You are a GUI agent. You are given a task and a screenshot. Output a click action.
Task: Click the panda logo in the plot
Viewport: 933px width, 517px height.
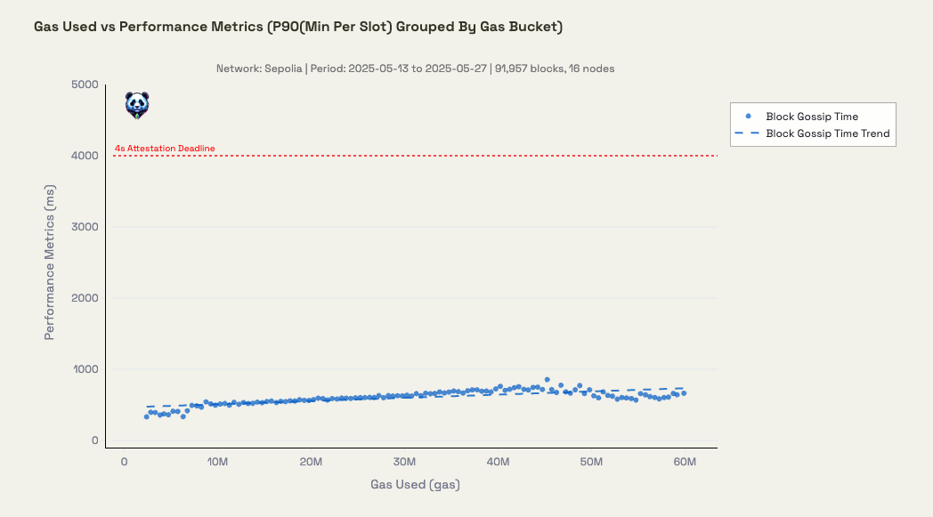tap(136, 105)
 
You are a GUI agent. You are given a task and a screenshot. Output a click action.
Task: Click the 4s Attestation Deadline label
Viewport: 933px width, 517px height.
tap(165, 149)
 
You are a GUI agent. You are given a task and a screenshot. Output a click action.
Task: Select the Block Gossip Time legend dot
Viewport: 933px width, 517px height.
tap(748, 117)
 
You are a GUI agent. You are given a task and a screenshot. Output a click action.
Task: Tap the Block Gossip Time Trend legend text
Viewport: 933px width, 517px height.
tap(828, 133)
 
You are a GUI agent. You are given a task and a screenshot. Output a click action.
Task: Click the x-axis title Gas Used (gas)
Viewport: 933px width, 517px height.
tap(415, 485)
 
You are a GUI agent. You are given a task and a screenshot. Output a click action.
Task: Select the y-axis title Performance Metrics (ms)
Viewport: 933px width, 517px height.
tap(50, 263)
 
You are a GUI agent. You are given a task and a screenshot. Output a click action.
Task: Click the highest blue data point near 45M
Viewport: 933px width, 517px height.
tap(548, 379)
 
